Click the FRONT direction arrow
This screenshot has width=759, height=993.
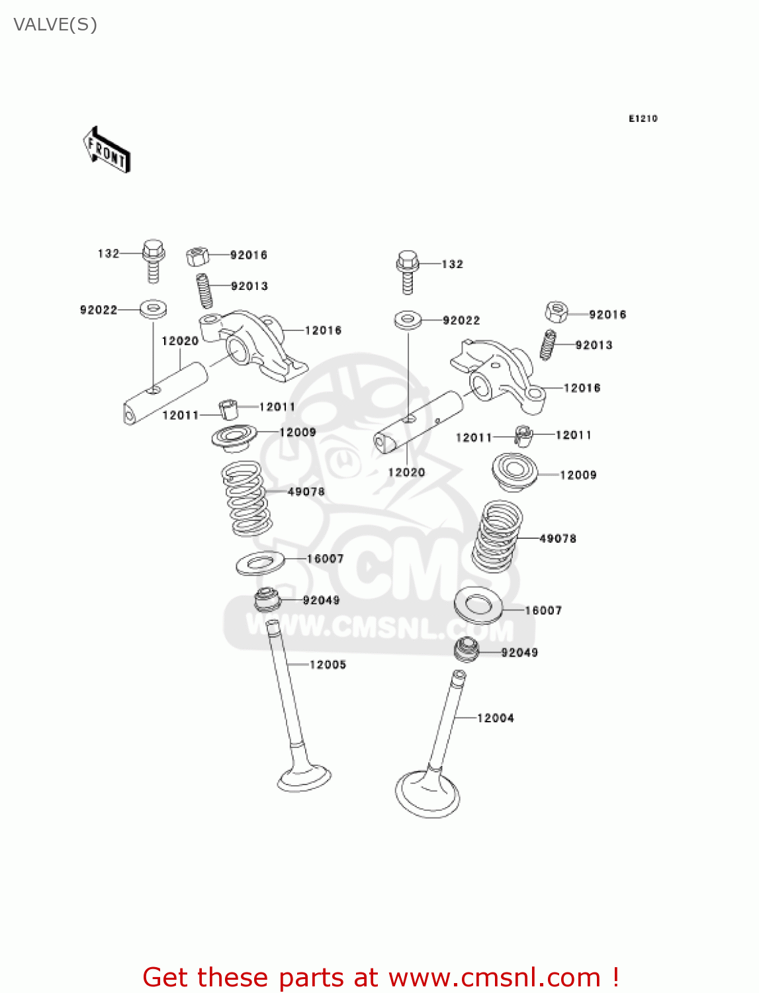click(107, 150)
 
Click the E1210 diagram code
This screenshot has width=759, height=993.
click(643, 118)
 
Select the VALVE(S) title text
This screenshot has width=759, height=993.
click(55, 24)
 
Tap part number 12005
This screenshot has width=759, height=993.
click(328, 665)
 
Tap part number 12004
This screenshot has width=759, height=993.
click(495, 718)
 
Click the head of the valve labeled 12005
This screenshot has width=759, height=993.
click(304, 778)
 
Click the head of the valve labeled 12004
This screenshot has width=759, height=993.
click(427, 792)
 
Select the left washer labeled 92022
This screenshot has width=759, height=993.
click(153, 308)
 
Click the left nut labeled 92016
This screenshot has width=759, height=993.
click(197, 256)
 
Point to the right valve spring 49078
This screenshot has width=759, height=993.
click(496, 537)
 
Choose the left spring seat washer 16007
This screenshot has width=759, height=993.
click(261, 563)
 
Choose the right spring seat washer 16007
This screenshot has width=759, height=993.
click(478, 605)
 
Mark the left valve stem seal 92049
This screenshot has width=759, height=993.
click(267, 600)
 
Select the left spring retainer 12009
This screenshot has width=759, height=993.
click(234, 438)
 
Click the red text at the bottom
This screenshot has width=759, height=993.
click(380, 977)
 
